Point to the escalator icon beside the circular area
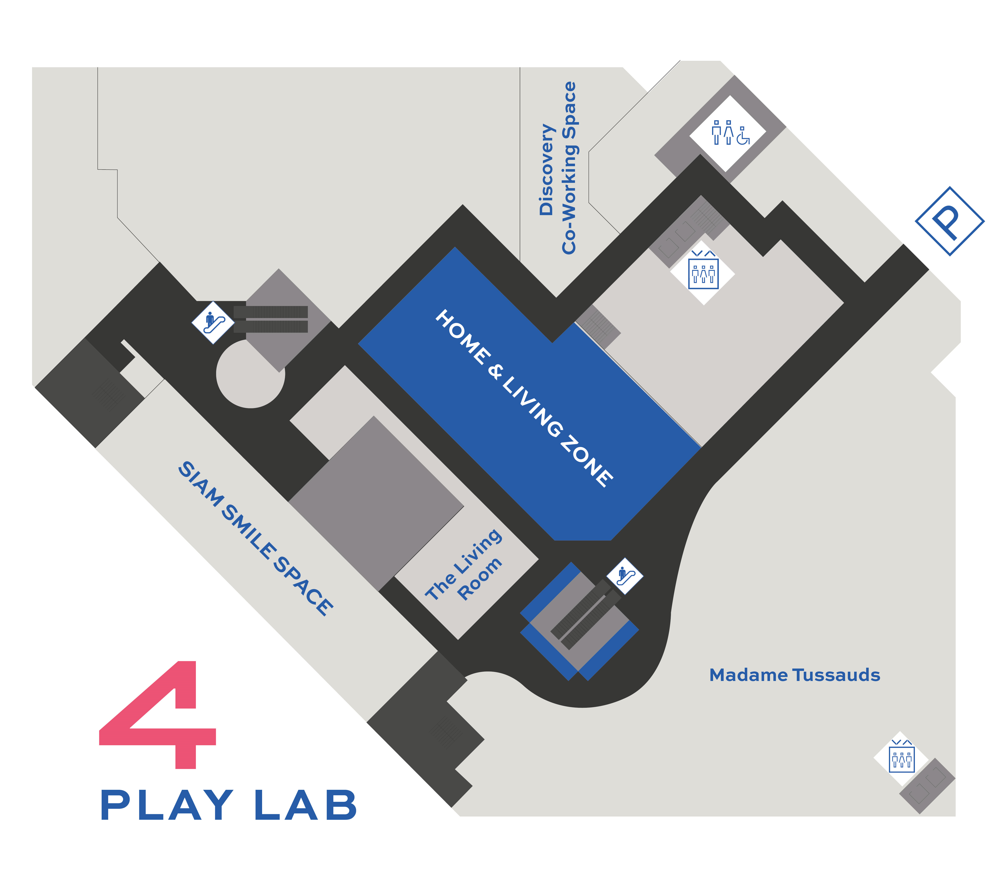click(212, 322)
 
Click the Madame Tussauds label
click(794, 675)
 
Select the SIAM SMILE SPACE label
click(255, 538)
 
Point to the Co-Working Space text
click(569, 168)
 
